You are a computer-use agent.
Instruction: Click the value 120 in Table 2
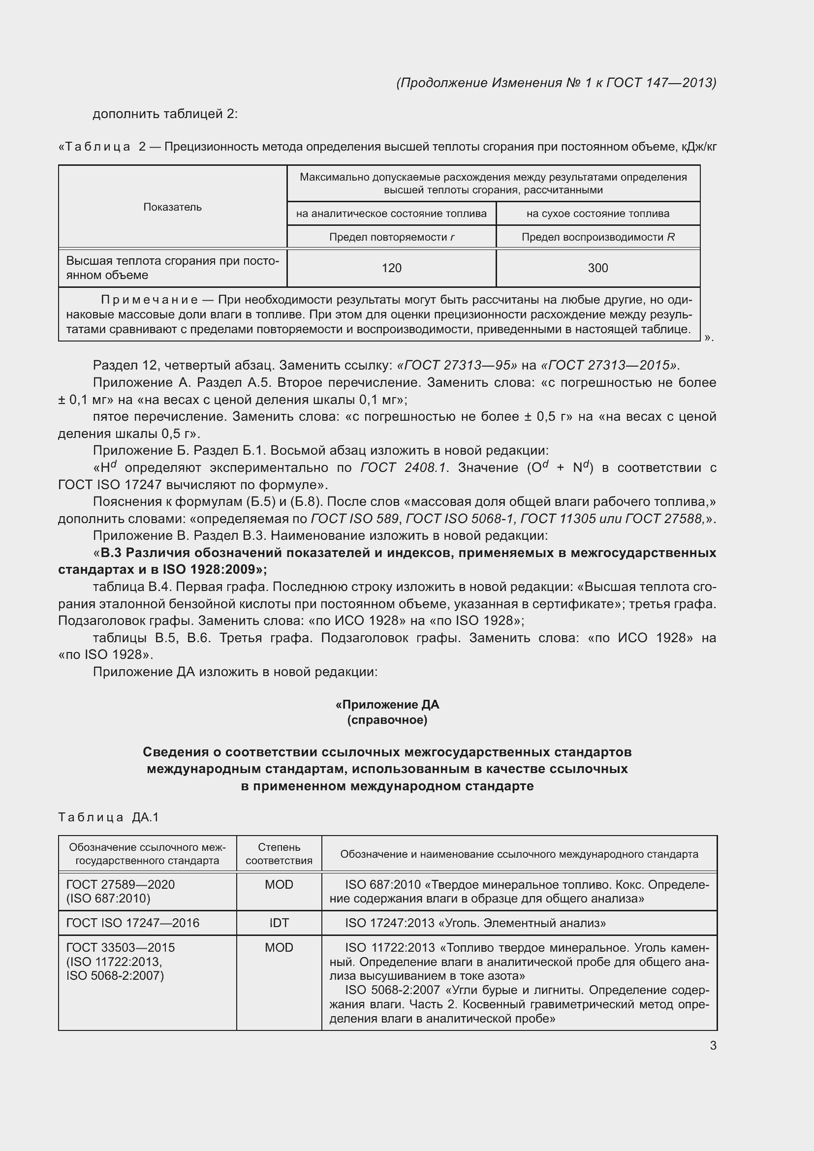pos(391,268)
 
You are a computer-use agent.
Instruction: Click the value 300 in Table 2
pos(597,268)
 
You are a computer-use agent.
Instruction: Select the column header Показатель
pos(172,207)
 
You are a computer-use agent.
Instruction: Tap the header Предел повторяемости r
pos(391,237)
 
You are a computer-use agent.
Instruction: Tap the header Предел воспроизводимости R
pos(597,237)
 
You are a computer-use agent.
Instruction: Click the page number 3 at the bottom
pos(713,1045)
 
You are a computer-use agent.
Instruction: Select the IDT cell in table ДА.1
pos(279,923)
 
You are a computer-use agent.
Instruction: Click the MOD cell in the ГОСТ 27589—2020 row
pos(279,884)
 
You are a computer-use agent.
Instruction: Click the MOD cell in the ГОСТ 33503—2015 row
pos(279,947)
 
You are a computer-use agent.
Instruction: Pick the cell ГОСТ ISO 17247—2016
pos(133,923)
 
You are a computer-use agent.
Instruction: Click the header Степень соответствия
pos(279,854)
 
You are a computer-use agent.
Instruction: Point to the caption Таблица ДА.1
pos(108,818)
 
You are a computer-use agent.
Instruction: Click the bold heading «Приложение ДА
pos(387,705)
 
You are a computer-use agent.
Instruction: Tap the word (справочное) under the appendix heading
pos(387,720)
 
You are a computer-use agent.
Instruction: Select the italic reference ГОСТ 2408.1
pos(403,467)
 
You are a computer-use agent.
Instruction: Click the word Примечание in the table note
pos(150,300)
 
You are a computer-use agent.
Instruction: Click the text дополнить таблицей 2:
pos(165,114)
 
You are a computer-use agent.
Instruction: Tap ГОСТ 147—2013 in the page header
pos(660,83)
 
